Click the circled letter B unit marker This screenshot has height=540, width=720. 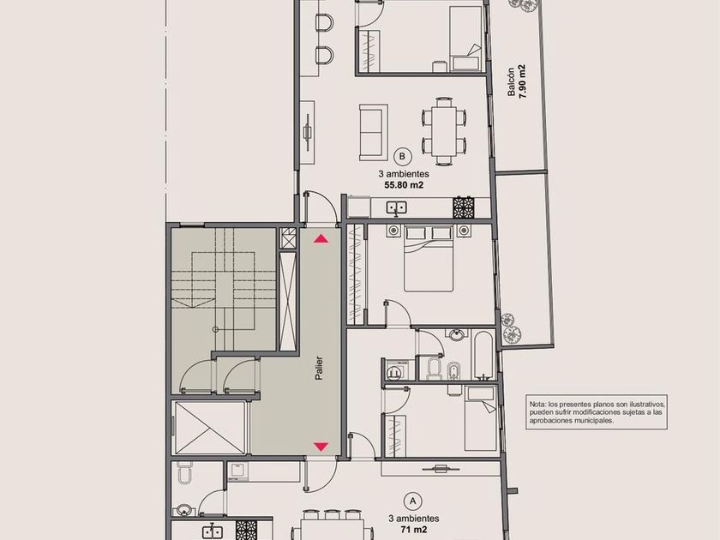coord(403,156)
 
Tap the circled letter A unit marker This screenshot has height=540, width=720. coord(413,501)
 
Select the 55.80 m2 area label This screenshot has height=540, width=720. coord(404,185)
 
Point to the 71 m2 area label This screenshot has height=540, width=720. coord(414,530)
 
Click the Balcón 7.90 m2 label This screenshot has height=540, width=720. coord(516,82)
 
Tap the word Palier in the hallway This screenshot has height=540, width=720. coord(319,369)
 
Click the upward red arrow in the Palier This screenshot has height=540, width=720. coord(321,239)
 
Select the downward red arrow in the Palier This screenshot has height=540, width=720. coord(321,447)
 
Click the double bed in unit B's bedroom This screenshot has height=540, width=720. coord(429,259)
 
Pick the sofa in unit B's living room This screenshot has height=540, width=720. coord(374,132)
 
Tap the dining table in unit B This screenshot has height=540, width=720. coord(444,131)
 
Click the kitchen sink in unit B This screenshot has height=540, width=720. coord(395,208)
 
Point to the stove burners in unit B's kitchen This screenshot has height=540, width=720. coord(463,207)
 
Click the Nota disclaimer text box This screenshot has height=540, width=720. coord(597,412)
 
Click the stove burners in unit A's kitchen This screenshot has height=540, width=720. coord(246,530)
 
